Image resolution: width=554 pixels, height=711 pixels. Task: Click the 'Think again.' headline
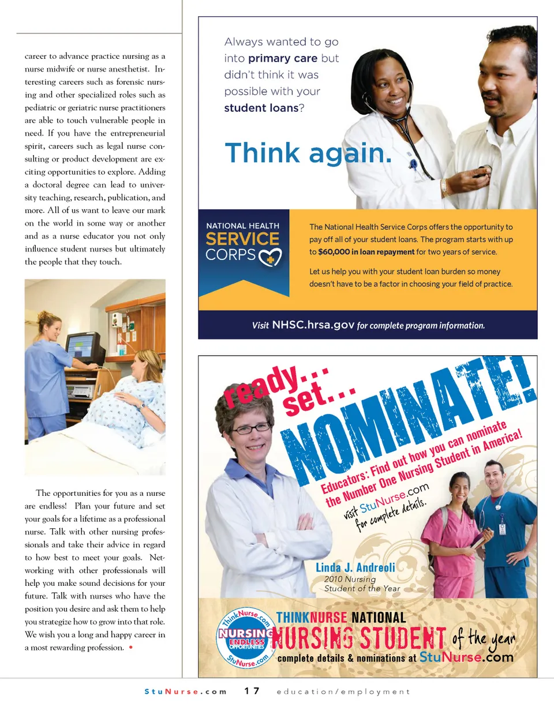(308, 153)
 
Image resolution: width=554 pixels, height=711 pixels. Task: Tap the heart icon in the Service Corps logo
(270, 257)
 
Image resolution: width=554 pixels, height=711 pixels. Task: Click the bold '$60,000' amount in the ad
(334, 252)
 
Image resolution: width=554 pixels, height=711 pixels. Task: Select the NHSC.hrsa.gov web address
(313, 325)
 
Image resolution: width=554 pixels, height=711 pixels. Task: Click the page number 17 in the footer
(252, 691)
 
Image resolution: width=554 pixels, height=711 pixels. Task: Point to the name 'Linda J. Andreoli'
(355, 567)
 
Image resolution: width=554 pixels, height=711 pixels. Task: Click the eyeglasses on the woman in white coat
(252, 428)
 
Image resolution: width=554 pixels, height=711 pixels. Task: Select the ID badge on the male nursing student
(501, 529)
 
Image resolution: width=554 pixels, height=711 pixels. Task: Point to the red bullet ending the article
(131, 648)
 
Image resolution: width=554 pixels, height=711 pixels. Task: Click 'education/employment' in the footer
(343, 691)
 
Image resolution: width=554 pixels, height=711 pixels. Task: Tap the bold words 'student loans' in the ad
(261, 108)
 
